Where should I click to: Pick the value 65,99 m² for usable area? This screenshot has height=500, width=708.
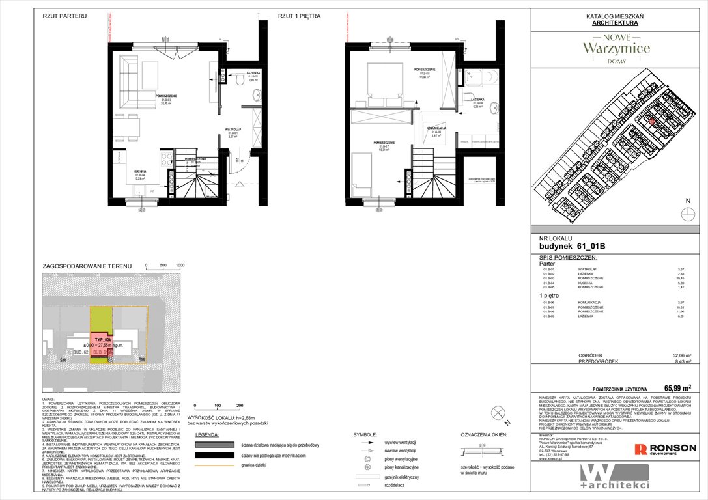tap(677, 387)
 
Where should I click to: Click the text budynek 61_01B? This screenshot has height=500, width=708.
tap(573, 246)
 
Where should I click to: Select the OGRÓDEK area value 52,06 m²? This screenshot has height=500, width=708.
tap(679, 355)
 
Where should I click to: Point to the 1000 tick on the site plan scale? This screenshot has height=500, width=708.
tap(180, 266)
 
